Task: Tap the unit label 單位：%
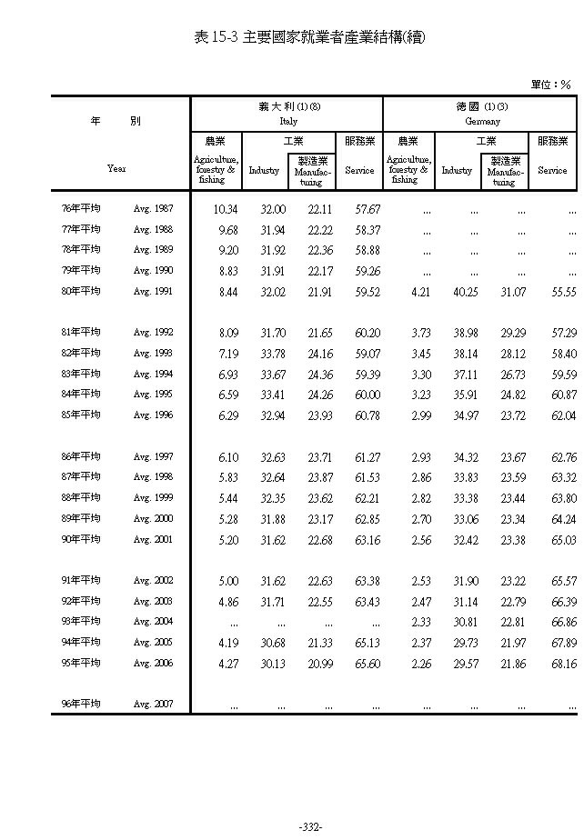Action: pos(550,85)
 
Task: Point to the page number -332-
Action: pos(310,826)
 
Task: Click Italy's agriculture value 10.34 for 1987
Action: pos(225,209)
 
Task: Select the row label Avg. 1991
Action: pos(153,292)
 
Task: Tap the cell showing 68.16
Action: pos(563,664)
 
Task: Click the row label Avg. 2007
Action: pos(153,705)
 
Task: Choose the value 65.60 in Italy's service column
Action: pos(366,664)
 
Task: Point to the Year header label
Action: pos(116,168)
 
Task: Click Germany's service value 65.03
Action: pos(563,539)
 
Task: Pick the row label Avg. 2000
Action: pos(153,518)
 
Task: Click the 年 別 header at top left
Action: pos(116,121)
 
